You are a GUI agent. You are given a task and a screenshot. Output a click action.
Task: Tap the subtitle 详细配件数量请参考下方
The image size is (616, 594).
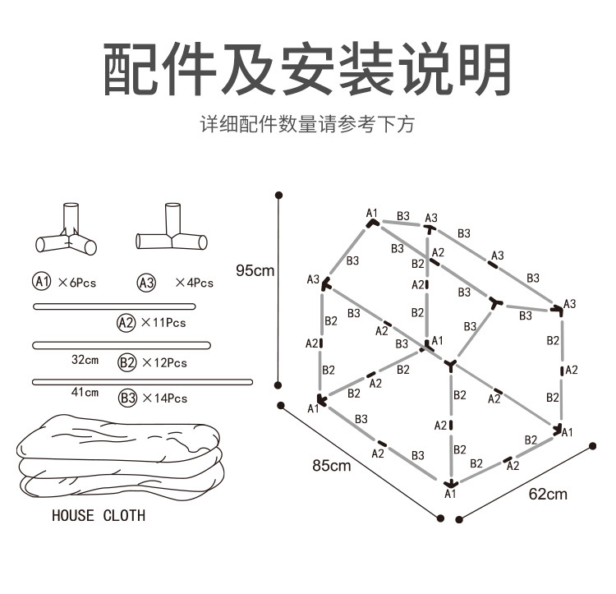(x=307, y=125)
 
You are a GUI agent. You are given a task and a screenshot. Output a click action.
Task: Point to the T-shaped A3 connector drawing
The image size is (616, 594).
(x=171, y=230)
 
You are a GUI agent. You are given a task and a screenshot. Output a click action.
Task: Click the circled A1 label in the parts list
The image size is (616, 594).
(x=42, y=282)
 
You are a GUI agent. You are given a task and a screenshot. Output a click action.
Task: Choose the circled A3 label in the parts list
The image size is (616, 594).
(x=146, y=283)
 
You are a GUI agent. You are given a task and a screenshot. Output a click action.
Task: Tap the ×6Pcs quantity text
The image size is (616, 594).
(x=77, y=283)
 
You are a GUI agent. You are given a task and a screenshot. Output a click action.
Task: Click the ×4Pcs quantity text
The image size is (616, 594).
(x=194, y=283)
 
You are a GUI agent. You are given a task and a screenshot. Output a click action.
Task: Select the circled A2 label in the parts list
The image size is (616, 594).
(x=126, y=322)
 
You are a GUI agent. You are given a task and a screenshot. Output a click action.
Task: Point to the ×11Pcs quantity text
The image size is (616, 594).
(x=163, y=323)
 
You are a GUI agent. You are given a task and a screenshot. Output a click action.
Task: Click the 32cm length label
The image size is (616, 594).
(x=85, y=359)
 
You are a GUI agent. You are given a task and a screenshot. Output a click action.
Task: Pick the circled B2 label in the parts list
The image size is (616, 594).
(x=126, y=361)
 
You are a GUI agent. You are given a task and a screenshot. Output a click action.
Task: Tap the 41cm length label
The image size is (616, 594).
(x=85, y=393)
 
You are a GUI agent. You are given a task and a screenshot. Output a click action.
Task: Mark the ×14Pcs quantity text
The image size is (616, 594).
(x=164, y=398)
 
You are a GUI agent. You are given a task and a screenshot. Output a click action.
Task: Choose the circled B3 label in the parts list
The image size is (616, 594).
(x=126, y=398)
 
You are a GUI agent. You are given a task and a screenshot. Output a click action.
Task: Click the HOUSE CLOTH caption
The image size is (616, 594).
(x=99, y=516)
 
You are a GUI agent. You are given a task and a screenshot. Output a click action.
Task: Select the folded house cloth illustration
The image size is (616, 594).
(x=120, y=457)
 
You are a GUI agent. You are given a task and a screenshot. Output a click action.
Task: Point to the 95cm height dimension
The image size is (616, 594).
(x=255, y=269)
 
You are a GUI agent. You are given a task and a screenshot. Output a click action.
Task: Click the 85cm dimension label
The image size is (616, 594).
(x=332, y=466)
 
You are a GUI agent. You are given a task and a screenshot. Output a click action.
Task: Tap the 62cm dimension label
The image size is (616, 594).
(x=547, y=494)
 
